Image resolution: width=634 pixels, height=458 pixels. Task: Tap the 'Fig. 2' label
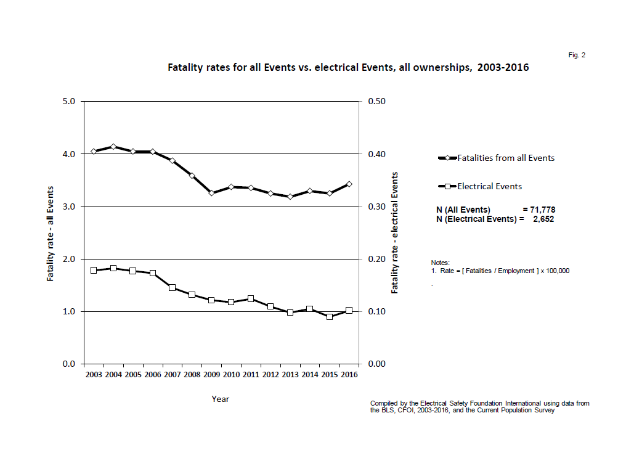coord(577,55)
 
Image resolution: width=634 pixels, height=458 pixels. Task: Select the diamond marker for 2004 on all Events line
coord(113,147)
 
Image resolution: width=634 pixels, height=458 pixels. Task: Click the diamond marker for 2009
coord(211,193)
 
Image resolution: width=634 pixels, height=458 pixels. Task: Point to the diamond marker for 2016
coord(349,184)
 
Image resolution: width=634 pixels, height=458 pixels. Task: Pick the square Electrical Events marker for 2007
coord(172,288)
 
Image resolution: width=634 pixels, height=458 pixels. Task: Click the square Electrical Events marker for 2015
coord(330,317)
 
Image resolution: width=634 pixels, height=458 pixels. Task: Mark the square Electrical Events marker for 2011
coord(251,299)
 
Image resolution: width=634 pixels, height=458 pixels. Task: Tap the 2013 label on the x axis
coord(290,375)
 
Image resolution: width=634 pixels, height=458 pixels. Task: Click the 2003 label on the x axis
coord(94,375)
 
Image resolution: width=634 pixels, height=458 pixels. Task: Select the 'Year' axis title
coord(221,399)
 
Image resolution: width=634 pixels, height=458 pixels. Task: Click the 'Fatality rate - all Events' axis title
coord(51,233)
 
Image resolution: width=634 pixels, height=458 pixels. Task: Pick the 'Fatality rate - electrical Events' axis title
coord(395,233)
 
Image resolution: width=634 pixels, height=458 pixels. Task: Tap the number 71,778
coord(542,210)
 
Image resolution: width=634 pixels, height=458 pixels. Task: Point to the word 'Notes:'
coord(441,263)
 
